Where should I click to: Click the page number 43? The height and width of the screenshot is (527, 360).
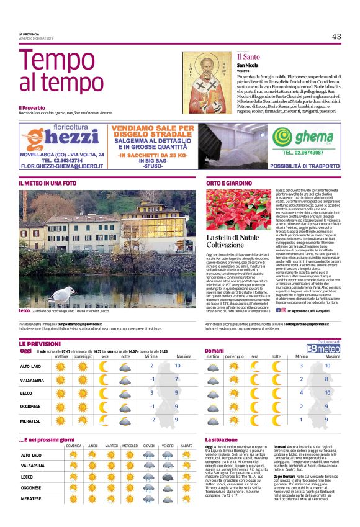tap(336, 37)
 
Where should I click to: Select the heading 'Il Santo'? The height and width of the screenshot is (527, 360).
tap(248, 56)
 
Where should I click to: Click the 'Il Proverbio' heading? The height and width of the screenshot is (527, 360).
tap(32, 108)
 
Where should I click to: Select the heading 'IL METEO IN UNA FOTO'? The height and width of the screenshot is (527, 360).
tap(48, 184)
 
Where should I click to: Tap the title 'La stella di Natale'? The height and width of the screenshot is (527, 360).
tap(233, 238)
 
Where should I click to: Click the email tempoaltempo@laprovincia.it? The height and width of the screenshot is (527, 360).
tap(78, 324)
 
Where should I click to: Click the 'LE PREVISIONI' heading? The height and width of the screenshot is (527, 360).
tap(40, 343)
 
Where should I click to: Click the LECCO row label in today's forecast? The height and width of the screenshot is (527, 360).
tap(28, 392)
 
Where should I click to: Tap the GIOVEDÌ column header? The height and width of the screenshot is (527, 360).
tap(149, 446)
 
